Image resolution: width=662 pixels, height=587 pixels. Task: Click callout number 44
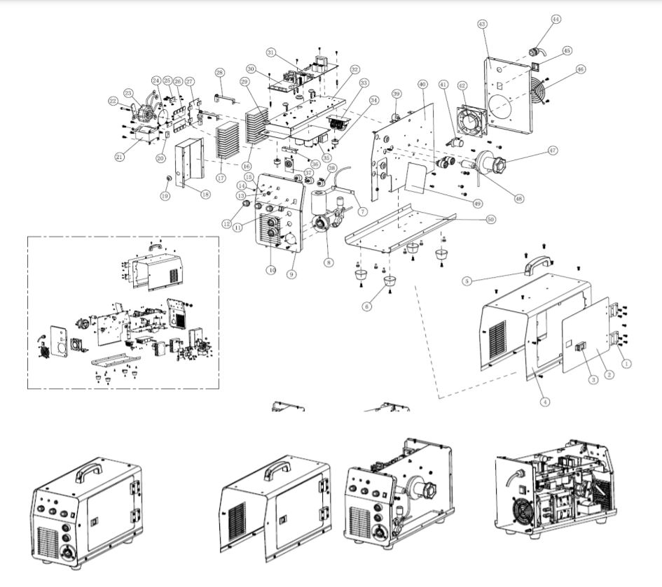click(x=556, y=20)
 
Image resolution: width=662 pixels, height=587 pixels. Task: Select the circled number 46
click(x=580, y=69)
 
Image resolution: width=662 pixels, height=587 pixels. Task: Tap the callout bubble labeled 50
click(x=490, y=219)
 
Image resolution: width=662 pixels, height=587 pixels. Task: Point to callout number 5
click(x=467, y=281)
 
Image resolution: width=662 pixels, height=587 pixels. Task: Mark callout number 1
click(x=627, y=363)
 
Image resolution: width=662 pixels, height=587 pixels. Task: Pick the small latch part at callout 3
click(x=580, y=347)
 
